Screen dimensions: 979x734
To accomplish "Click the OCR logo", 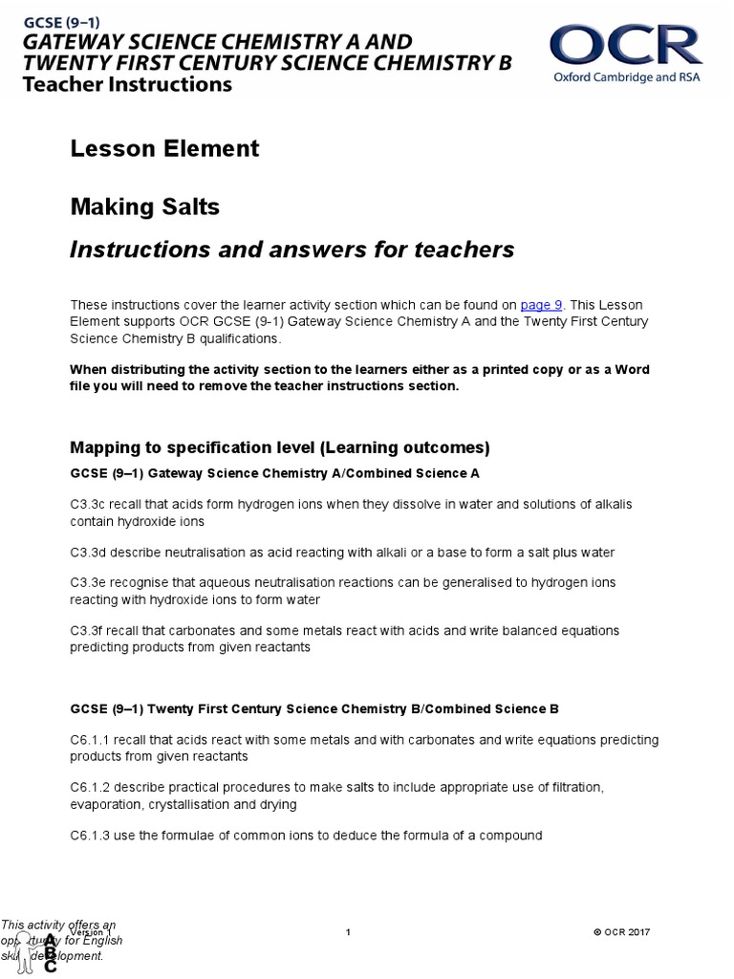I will point(625,45).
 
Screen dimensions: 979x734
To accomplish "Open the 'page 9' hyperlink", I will point(541,305).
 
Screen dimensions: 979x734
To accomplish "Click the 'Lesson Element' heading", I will point(164,148).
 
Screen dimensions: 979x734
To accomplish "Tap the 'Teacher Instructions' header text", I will point(127,84).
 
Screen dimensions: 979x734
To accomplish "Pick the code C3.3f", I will point(88,631).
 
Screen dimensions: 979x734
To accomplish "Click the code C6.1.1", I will point(92,740).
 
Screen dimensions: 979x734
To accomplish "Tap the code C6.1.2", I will point(92,788).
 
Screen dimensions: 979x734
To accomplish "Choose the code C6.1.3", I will point(92,836).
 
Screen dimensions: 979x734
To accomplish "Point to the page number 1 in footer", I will point(349,932).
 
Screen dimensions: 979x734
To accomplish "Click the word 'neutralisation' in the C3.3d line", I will point(213,553).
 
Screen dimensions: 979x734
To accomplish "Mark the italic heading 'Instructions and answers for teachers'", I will point(292,250).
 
